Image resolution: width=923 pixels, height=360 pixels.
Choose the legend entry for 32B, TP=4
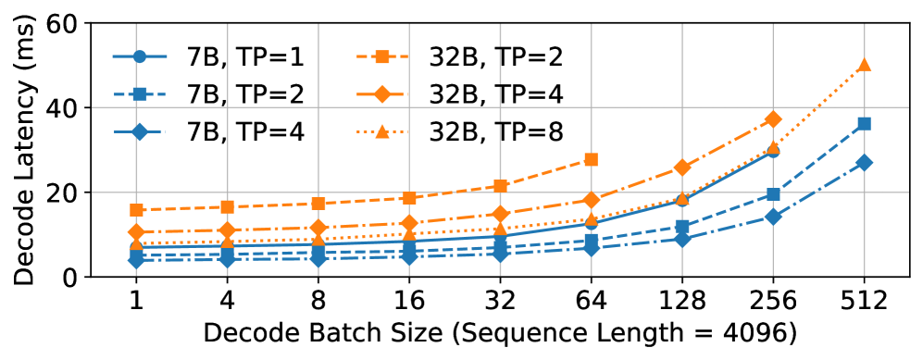click(x=458, y=93)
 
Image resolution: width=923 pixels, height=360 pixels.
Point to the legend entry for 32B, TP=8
click(x=458, y=130)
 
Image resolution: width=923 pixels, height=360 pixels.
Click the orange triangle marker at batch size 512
click(x=864, y=65)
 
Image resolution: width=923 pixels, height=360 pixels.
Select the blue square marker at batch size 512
click(x=864, y=123)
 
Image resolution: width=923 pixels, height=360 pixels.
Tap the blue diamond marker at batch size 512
click(x=864, y=162)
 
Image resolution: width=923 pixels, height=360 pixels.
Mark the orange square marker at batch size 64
click(x=591, y=159)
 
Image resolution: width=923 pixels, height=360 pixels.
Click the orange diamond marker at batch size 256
click(x=773, y=119)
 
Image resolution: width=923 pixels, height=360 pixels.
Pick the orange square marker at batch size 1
click(x=136, y=210)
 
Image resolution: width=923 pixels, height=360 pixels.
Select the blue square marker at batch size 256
click(x=773, y=194)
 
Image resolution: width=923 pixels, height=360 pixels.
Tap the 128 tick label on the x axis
click(x=681, y=302)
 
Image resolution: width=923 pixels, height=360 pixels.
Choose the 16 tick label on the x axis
click(x=409, y=302)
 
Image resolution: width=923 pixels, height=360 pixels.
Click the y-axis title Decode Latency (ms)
click(x=23, y=148)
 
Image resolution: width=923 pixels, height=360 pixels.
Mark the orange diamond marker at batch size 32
click(x=500, y=214)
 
